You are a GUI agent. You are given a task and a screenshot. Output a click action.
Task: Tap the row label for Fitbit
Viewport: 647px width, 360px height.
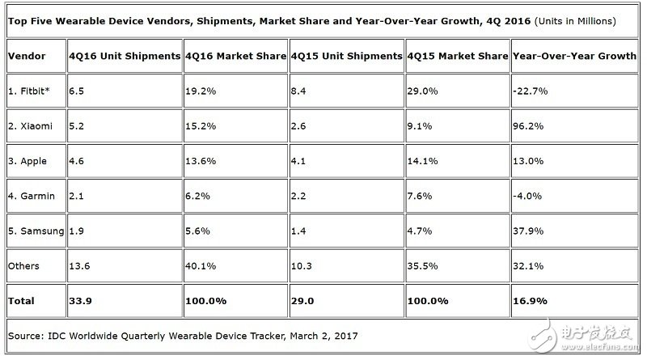[28, 91]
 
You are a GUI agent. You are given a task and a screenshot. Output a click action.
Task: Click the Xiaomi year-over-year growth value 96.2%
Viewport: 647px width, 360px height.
[530, 126]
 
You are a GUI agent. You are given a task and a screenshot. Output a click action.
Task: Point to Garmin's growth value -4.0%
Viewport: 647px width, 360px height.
[530, 197]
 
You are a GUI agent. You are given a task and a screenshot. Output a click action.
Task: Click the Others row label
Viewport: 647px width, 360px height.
[23, 266]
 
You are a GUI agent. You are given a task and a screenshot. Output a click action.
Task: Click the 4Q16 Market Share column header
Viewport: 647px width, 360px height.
[235, 56]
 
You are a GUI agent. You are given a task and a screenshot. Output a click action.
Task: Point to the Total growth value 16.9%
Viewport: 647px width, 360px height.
[531, 301]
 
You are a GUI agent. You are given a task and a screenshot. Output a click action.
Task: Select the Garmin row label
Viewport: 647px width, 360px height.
[28, 197]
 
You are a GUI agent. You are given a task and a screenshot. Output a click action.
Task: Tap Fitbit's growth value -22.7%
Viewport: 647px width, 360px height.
[531, 91]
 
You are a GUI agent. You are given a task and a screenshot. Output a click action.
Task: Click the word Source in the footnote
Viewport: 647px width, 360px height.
[25, 335]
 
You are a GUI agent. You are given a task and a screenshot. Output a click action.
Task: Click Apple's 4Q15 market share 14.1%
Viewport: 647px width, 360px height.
[425, 161]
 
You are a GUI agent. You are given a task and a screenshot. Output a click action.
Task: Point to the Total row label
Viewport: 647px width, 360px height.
[21, 301]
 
